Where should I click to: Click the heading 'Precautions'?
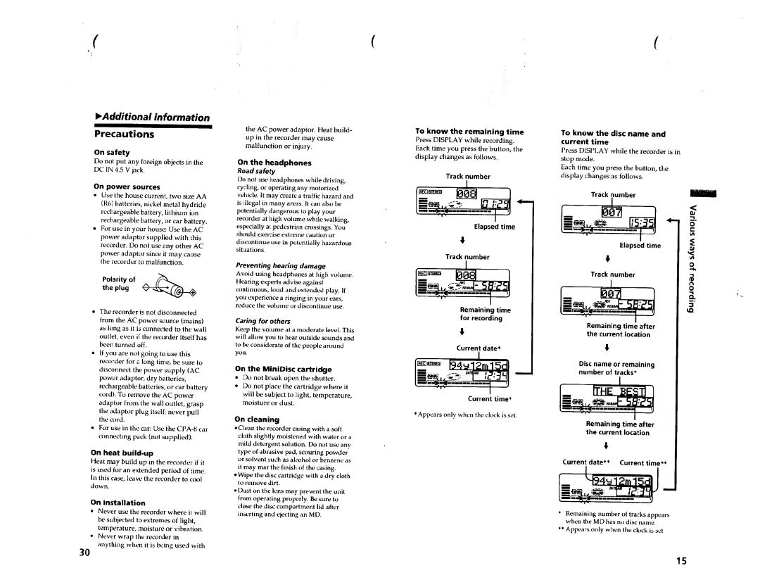(x=125, y=134)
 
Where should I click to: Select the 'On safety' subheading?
(x=112, y=152)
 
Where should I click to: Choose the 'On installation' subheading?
(x=118, y=503)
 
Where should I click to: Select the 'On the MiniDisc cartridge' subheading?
(x=283, y=369)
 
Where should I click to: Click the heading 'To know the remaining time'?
(x=469, y=132)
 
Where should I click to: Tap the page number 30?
(x=84, y=553)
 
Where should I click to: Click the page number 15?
(x=680, y=561)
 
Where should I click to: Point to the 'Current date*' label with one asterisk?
(x=478, y=348)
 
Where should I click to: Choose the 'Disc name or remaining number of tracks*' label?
(x=606, y=368)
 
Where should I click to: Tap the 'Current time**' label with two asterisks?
(x=642, y=462)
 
